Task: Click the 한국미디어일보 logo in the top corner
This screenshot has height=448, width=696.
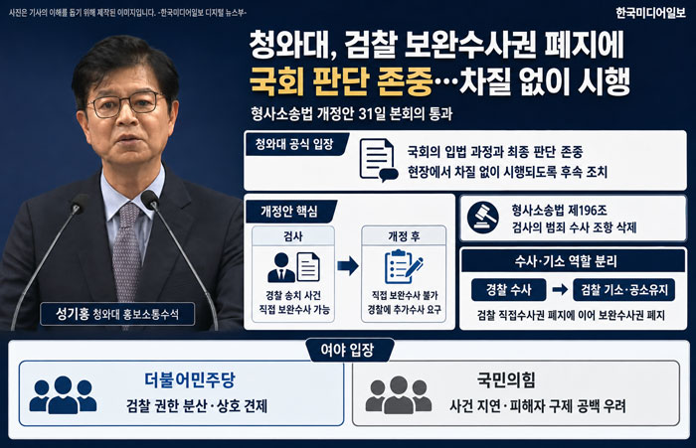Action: tap(650, 13)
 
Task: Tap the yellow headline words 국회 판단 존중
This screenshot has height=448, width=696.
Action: tap(341, 81)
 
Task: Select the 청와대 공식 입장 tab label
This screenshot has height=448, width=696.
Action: tap(294, 144)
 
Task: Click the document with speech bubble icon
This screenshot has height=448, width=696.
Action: tap(378, 160)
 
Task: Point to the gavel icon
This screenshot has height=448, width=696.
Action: tap(483, 218)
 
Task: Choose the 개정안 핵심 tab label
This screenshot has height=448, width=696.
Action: tap(289, 212)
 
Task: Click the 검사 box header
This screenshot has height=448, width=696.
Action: tap(293, 236)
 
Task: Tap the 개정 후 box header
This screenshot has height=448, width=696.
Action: tap(404, 236)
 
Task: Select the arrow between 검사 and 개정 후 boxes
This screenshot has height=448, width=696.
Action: tap(348, 265)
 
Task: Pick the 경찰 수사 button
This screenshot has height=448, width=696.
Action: tap(509, 290)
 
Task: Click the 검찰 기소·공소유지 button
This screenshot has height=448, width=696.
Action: tap(624, 290)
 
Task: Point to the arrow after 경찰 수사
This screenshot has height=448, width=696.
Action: tap(560, 290)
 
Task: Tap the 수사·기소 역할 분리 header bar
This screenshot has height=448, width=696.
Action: tap(573, 261)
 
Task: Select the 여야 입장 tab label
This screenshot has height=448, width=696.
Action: tap(348, 350)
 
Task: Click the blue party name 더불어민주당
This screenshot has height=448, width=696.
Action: tap(190, 379)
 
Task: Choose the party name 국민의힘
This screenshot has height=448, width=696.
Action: tap(506, 379)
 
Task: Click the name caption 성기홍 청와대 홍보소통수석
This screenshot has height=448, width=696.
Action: tap(117, 314)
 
